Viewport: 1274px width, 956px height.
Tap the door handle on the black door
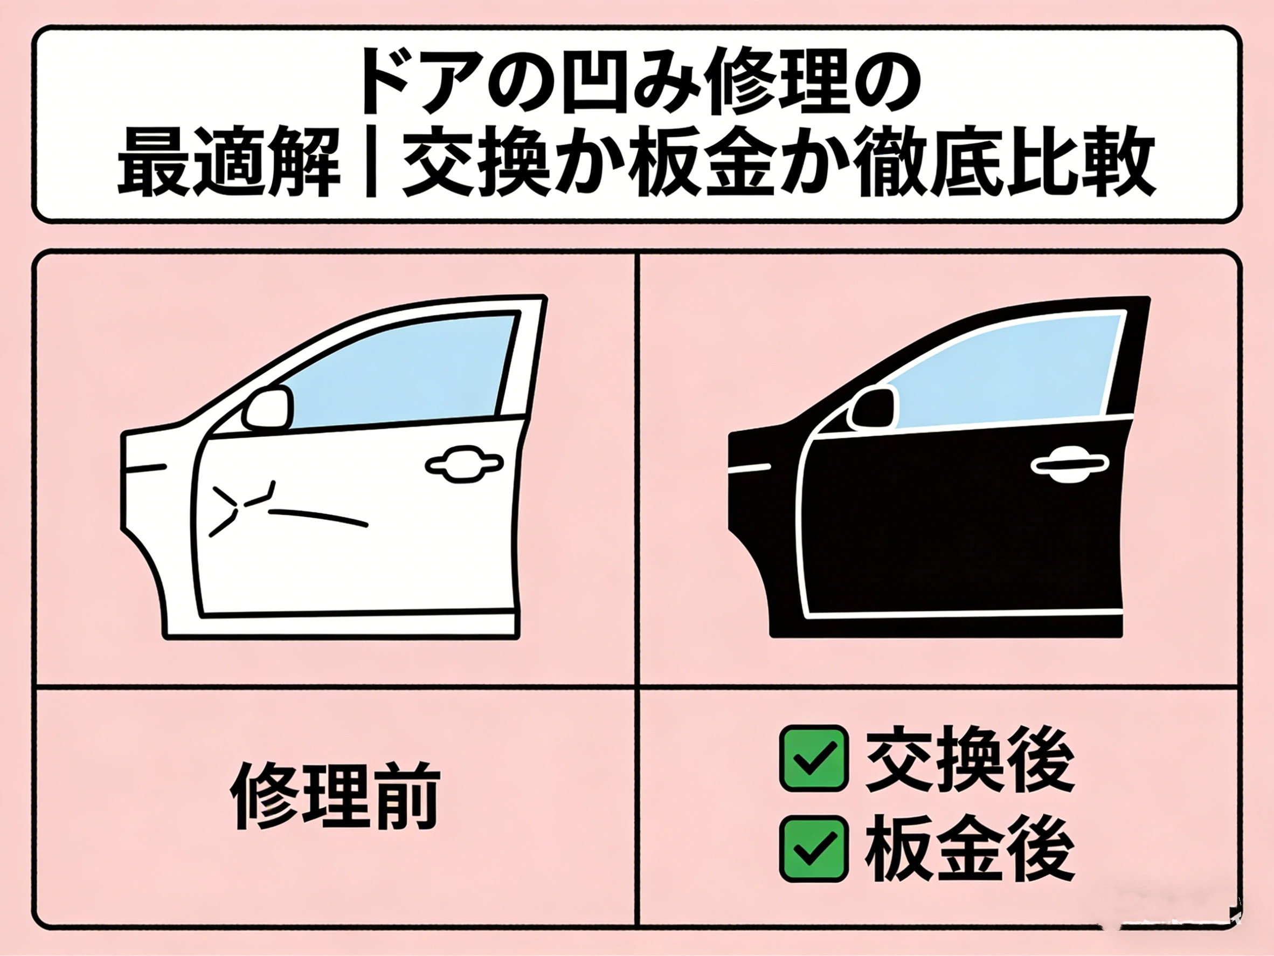coord(1070,465)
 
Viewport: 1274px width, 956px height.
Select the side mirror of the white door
coord(267,409)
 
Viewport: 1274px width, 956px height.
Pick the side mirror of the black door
coord(872,408)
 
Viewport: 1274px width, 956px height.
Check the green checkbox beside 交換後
coord(814,758)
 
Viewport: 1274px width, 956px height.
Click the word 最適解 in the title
coord(228,162)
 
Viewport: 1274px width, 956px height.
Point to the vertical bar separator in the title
coord(371,162)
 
